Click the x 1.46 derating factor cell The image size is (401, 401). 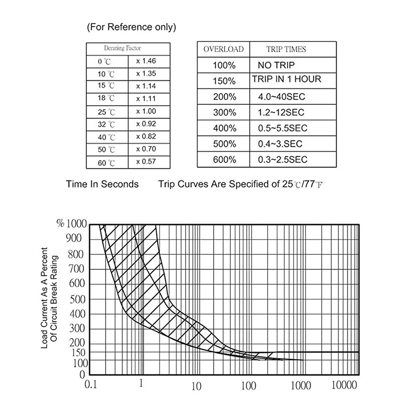(x=146, y=61)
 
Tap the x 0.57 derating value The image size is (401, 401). (x=146, y=162)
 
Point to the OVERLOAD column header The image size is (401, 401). (x=224, y=49)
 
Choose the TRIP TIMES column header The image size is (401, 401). (x=286, y=49)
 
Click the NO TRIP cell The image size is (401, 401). (x=276, y=65)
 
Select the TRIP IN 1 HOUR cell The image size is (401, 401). (x=287, y=79)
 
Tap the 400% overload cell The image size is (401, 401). (x=224, y=129)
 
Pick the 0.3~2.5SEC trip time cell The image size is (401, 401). (x=282, y=159)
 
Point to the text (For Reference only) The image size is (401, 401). (x=131, y=28)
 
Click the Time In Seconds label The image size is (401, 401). (x=103, y=184)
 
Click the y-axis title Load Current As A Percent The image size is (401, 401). (x=44, y=298)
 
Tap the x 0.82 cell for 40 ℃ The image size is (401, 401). (x=146, y=137)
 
